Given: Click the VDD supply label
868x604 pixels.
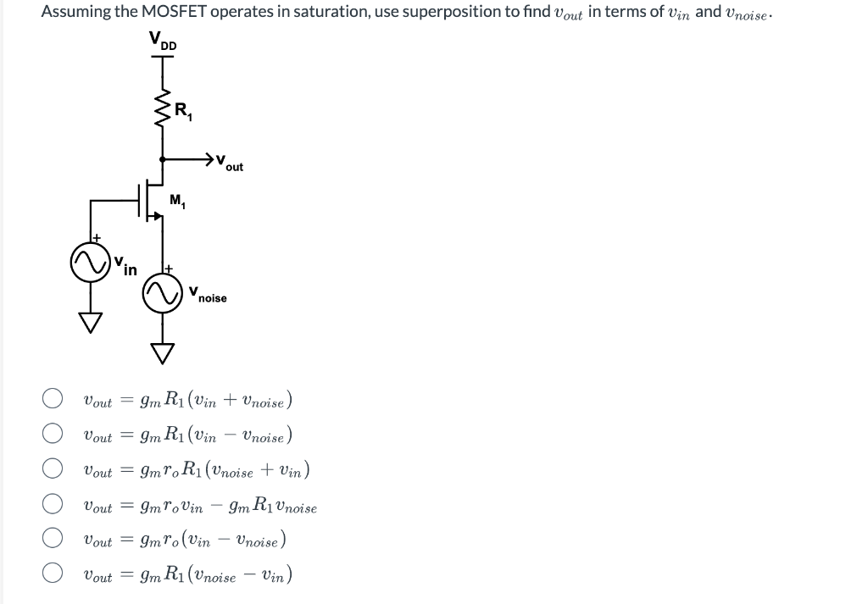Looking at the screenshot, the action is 164,41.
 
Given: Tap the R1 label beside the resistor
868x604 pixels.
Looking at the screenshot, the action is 182,110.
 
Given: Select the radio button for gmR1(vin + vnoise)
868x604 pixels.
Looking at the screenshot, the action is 53,399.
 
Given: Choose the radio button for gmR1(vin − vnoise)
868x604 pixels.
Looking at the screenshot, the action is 53,435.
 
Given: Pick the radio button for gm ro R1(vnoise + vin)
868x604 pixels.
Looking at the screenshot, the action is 53,469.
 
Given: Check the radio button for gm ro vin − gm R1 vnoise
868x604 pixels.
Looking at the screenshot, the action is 53,505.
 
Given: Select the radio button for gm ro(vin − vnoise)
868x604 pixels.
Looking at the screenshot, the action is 53,540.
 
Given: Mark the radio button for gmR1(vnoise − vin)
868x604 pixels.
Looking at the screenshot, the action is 53,575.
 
